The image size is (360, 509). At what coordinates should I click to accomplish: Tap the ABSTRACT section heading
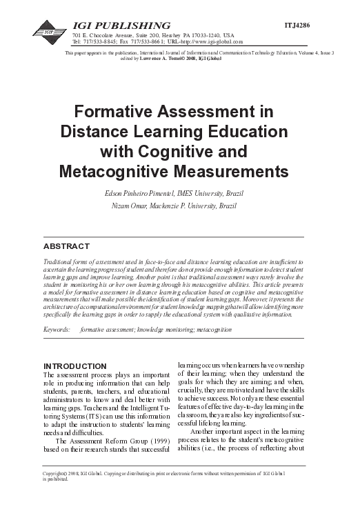point(66,246)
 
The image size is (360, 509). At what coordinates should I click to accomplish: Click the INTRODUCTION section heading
point(75,365)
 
